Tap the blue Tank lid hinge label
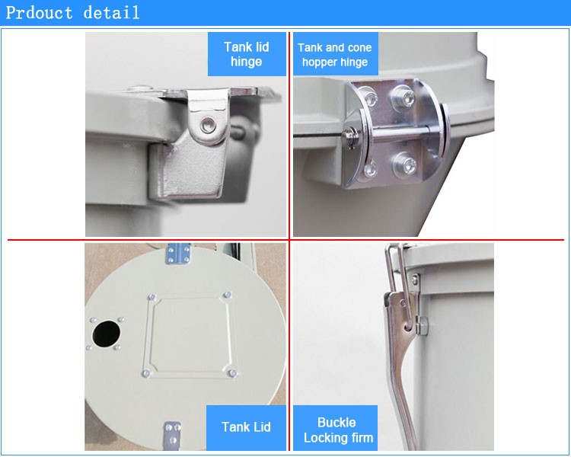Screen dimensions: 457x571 coord(246,54)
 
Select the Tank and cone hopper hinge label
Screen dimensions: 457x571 coord(334,55)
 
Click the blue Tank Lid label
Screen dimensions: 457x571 coord(246,427)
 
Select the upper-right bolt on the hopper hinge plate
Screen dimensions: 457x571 coord(400,97)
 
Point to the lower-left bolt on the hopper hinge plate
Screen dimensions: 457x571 coord(370,168)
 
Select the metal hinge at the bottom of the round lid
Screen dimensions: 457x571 coord(173,436)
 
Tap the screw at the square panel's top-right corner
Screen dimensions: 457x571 coord(226,295)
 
